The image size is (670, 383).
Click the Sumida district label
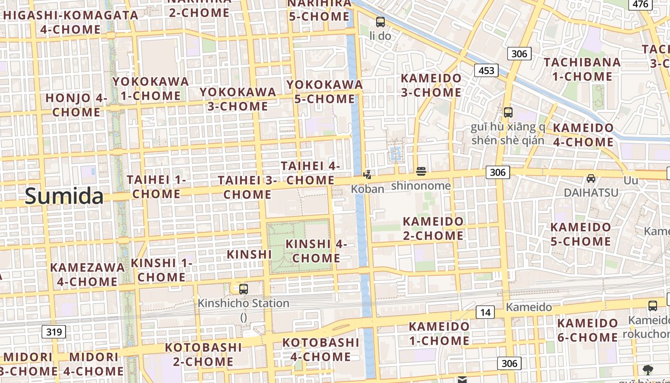(64, 196)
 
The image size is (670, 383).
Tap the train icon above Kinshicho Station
(244, 289)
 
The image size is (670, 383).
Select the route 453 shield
(486, 71)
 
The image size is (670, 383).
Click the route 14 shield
(485, 313)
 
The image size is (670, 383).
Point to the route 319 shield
(54, 331)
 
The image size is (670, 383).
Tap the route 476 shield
(640, 4)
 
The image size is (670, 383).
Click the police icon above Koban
(368, 174)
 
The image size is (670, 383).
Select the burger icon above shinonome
(421, 171)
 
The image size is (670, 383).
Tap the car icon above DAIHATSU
(591, 179)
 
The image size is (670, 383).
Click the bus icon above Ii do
(380, 22)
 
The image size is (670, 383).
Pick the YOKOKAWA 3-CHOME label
(238, 99)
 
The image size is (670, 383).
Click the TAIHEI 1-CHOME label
(156, 187)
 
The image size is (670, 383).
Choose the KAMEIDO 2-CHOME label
(433, 228)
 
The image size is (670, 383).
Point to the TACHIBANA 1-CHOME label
(582, 69)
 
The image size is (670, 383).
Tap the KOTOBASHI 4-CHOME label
(321, 349)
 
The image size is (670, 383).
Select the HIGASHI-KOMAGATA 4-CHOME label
(70, 22)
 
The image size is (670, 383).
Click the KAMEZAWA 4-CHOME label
(87, 274)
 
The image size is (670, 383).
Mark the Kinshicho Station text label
(244, 303)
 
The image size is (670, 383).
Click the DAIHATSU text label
(591, 192)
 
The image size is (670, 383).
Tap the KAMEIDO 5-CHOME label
(581, 234)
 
